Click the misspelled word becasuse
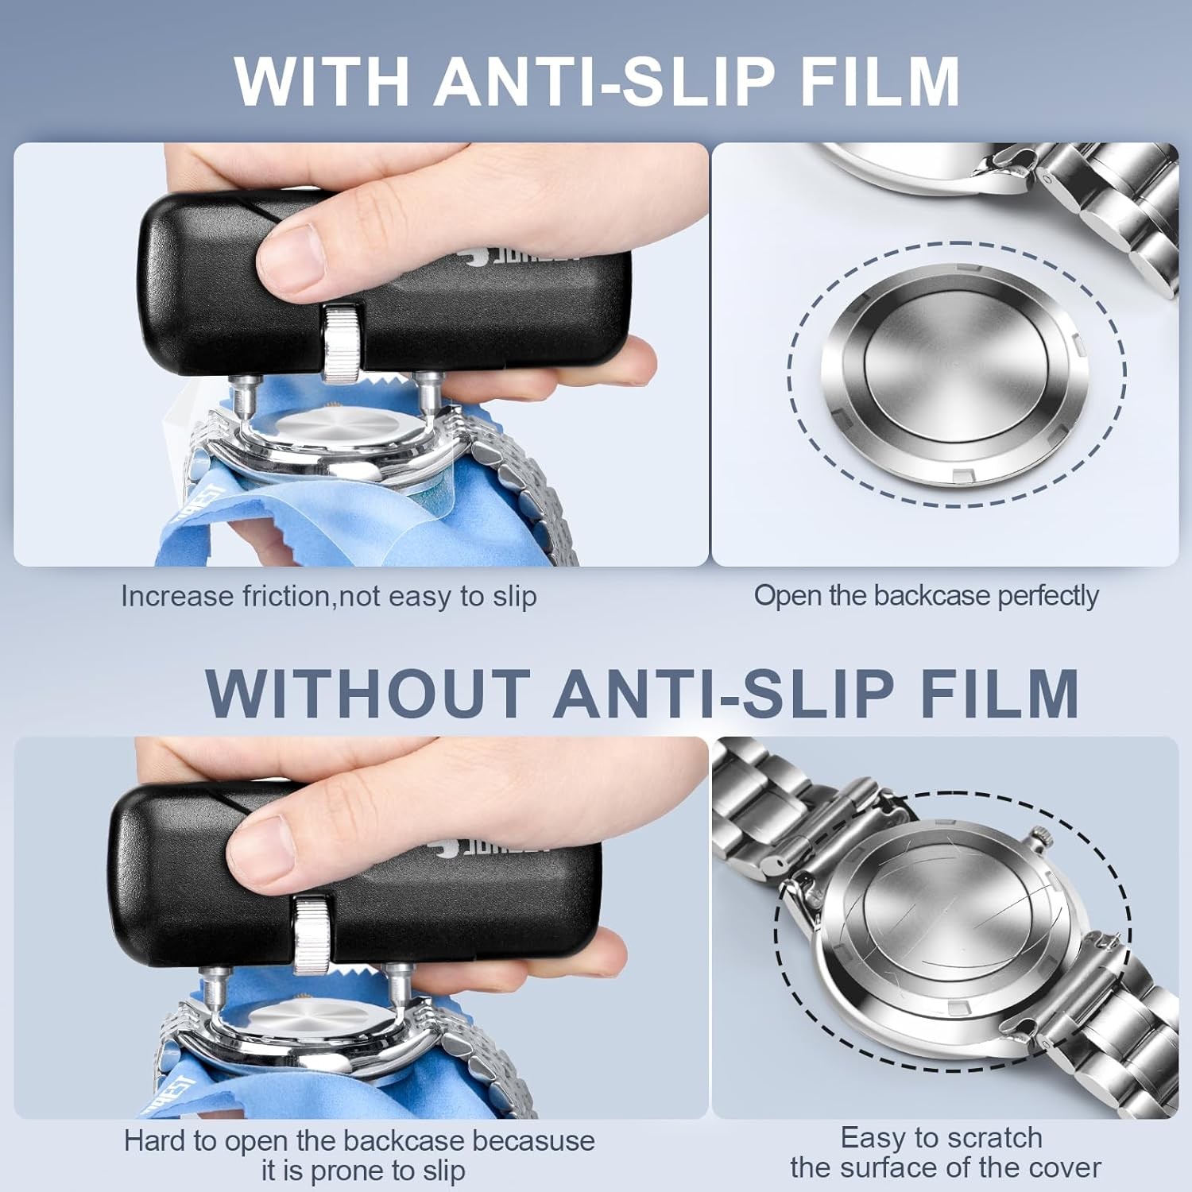[x=533, y=1141]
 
